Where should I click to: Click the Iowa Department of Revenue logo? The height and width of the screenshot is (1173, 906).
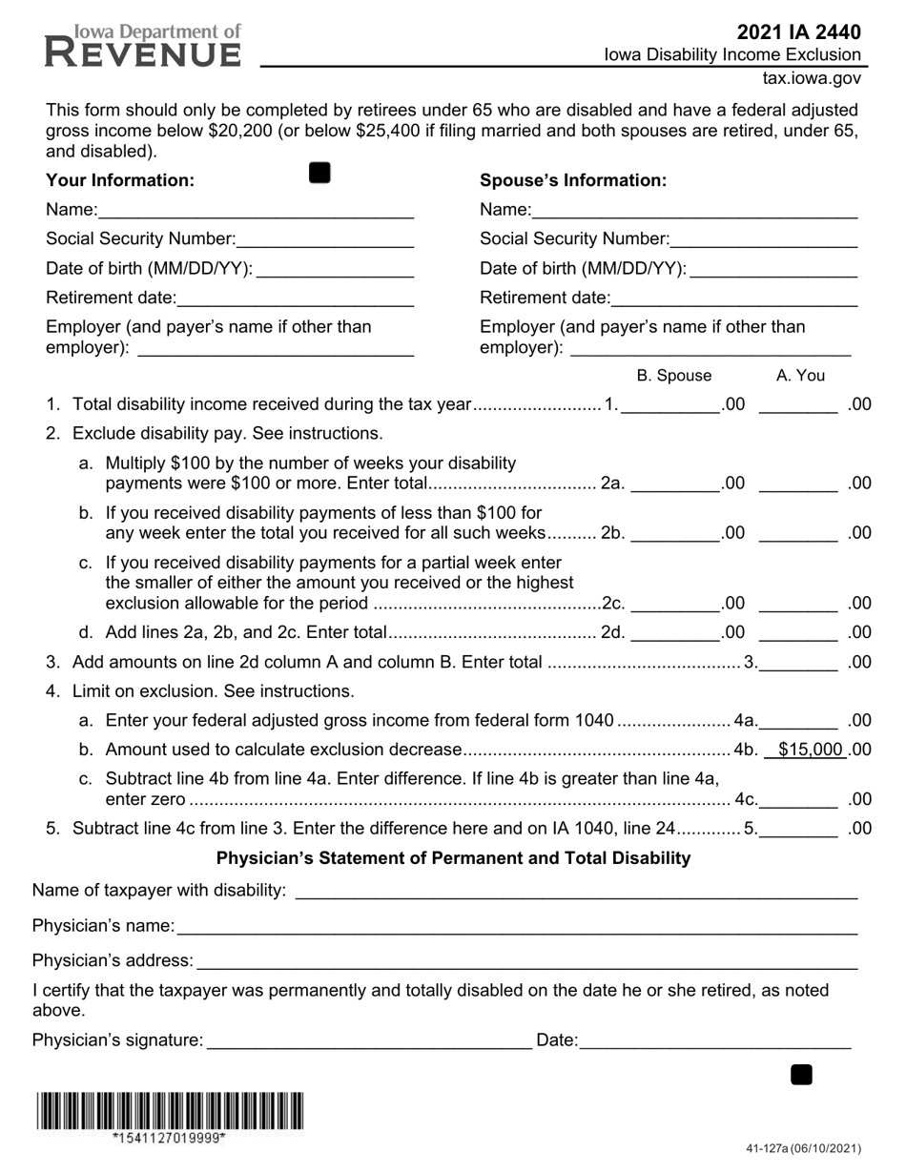pos(143,46)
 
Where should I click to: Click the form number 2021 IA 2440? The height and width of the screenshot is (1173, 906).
pos(798,32)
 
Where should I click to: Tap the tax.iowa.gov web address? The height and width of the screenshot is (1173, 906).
pos(812,79)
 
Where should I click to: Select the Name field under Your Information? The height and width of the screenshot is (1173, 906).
pos(256,211)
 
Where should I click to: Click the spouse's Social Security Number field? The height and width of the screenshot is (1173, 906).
pos(764,240)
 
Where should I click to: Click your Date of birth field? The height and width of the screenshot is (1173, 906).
pos(336,270)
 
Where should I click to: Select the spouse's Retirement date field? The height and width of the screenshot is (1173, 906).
pos(734,299)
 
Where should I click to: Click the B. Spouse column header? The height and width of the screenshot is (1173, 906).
pos(673,376)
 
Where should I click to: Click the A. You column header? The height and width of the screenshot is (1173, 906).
pos(800,376)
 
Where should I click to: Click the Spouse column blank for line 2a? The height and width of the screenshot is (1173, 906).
pos(675,484)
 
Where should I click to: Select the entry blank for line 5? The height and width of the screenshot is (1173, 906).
pos(798,829)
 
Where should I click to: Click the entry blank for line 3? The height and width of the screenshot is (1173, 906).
pos(798,663)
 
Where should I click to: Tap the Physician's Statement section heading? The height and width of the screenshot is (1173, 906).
pos(453,858)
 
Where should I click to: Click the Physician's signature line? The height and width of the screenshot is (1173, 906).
pos(368,1041)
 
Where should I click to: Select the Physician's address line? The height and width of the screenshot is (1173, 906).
pos(526,961)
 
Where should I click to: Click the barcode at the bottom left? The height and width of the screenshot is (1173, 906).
pos(170,1111)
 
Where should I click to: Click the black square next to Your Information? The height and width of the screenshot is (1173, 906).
pos(319,173)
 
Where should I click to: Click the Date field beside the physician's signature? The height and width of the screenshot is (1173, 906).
pos(714,1041)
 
